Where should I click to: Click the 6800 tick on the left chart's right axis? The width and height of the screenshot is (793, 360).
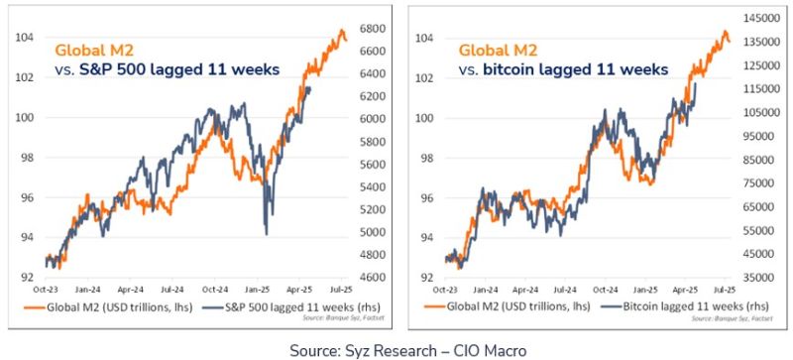pyautogui.click(x=372, y=28)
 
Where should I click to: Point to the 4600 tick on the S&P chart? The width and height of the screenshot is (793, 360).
pyautogui.click(x=372, y=278)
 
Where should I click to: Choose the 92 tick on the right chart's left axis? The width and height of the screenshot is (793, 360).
pyautogui.click(x=422, y=277)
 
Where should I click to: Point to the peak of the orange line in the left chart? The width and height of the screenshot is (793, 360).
pyautogui.click(x=342, y=32)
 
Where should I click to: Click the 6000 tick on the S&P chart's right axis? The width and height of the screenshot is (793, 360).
pyautogui.click(x=372, y=118)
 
